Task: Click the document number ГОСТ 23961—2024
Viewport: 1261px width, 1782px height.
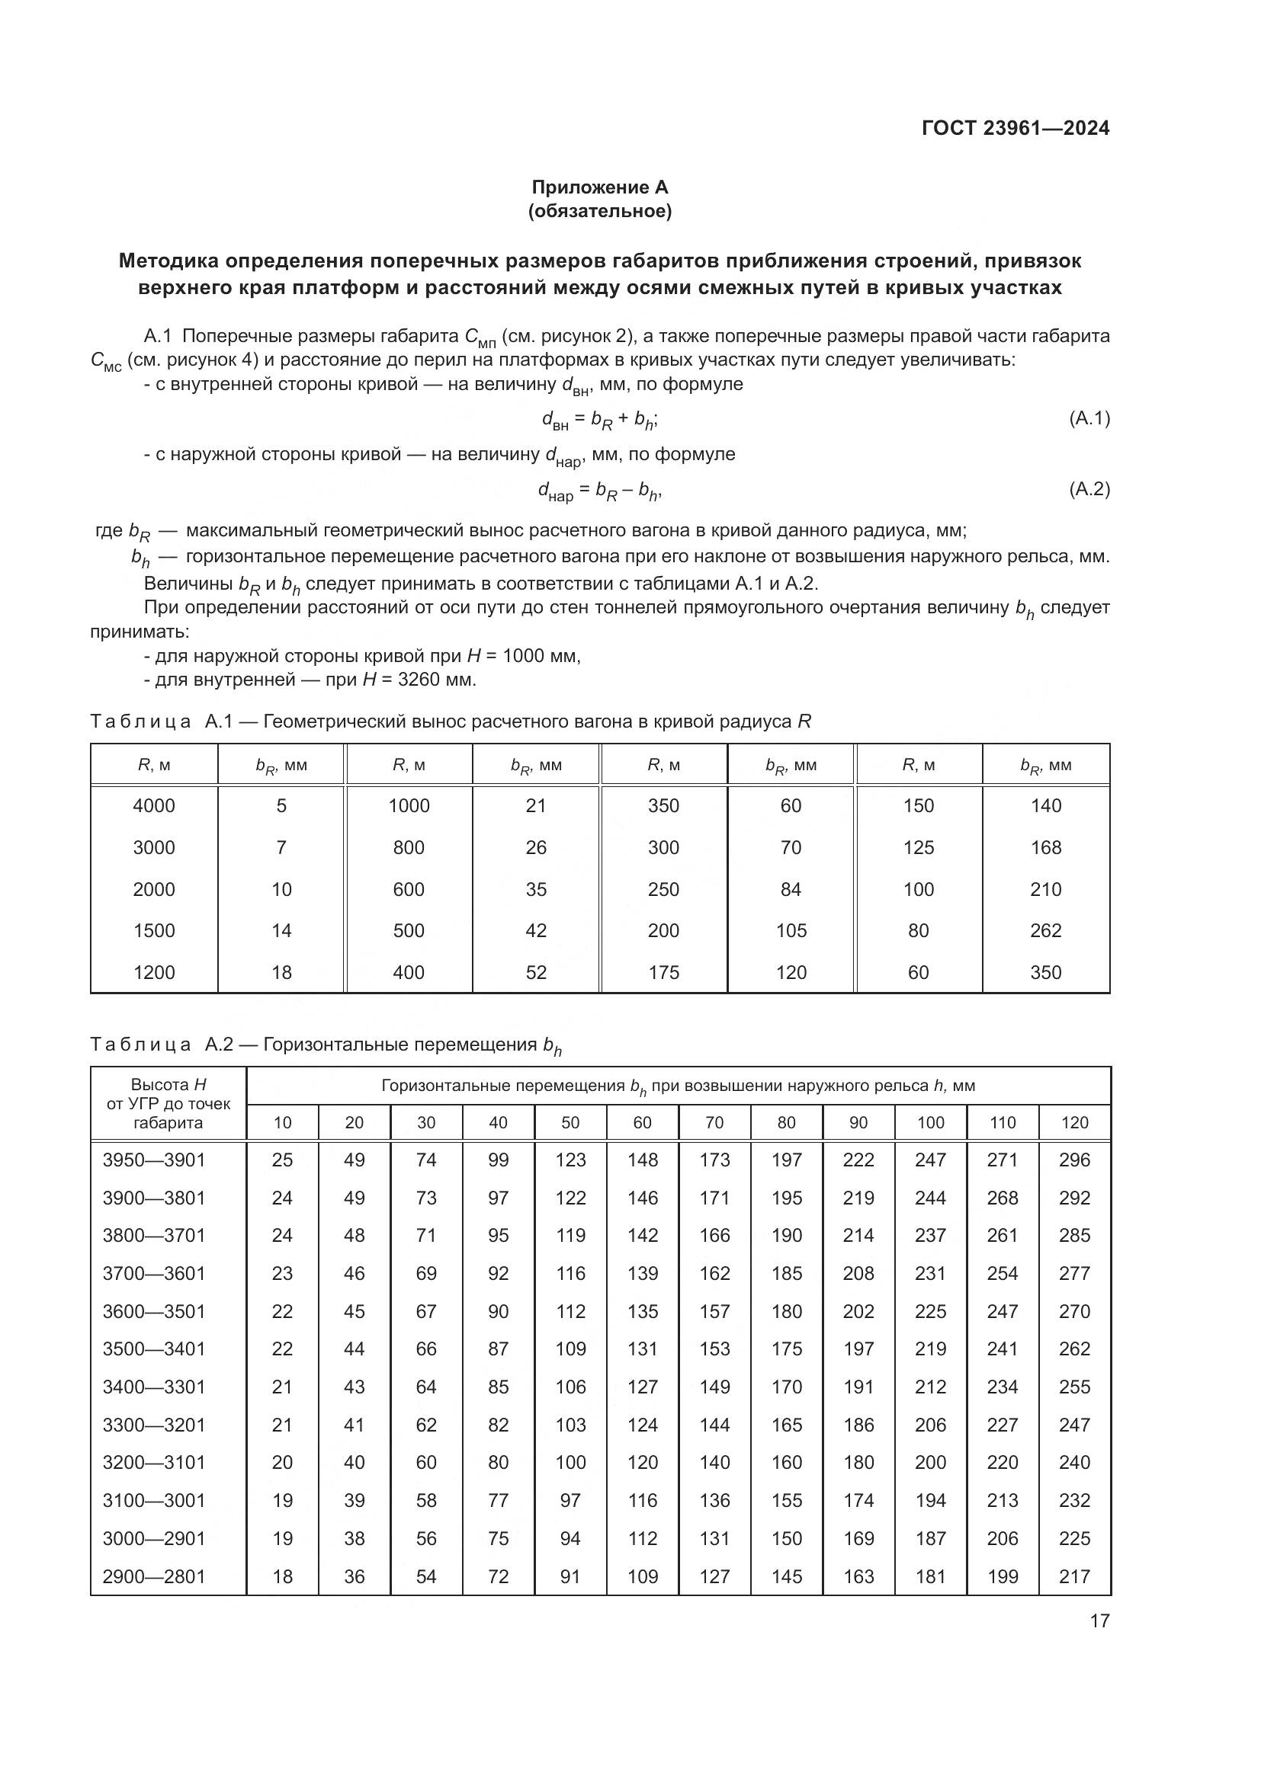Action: pyautogui.click(x=1015, y=128)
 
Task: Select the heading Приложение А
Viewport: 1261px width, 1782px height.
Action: pyautogui.click(x=599, y=187)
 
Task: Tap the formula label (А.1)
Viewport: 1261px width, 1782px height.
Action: pyautogui.click(x=1089, y=419)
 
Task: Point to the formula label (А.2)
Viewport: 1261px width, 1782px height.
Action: pyautogui.click(x=1089, y=489)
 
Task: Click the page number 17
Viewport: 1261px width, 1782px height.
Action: pyautogui.click(x=1099, y=1620)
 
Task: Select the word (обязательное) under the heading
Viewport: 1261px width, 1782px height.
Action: pyautogui.click(x=599, y=211)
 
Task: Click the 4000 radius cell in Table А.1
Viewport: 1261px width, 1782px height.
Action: pyautogui.click(x=154, y=805)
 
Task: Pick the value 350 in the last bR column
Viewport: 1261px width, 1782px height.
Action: pyautogui.click(x=1045, y=972)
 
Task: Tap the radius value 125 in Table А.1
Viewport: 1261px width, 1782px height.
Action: pyautogui.click(x=918, y=847)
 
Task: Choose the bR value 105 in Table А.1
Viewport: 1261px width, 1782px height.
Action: pyautogui.click(x=791, y=930)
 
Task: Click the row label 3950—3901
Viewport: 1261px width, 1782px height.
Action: pyautogui.click(x=154, y=1160)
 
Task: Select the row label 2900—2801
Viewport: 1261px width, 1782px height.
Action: pyautogui.click(x=154, y=1576)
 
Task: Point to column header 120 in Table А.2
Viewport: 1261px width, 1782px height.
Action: pyautogui.click(x=1075, y=1122)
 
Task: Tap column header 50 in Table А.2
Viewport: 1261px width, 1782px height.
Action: pyautogui.click(x=570, y=1122)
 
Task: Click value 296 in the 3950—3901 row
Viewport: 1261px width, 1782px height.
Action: pyautogui.click(x=1075, y=1160)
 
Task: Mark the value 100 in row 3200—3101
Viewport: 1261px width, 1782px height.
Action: pyautogui.click(x=570, y=1462)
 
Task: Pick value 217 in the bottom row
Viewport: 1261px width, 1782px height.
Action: pyautogui.click(x=1075, y=1576)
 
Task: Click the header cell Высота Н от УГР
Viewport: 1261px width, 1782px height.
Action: pyautogui.click(x=168, y=1104)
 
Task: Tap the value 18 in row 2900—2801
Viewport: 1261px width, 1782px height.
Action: pyautogui.click(x=282, y=1576)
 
